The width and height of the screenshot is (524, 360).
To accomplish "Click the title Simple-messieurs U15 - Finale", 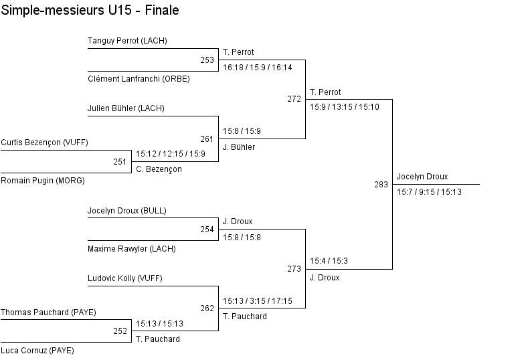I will click(x=90, y=11).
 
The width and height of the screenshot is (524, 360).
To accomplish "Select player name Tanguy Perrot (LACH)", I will click(x=127, y=41).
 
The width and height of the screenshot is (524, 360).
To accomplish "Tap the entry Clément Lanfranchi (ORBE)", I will click(x=139, y=79).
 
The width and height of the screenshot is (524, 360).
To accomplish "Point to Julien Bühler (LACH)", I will click(x=126, y=108).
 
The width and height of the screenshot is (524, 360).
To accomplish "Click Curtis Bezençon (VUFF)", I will click(x=44, y=143).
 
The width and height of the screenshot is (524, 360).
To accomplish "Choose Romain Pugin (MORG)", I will click(x=43, y=181).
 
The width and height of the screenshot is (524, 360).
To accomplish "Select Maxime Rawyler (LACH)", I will click(x=131, y=249).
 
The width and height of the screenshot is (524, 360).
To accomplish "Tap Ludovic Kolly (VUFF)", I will click(x=124, y=278).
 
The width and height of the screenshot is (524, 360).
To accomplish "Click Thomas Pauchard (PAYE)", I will click(x=48, y=312).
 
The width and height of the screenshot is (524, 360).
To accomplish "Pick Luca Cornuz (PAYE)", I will click(x=37, y=351).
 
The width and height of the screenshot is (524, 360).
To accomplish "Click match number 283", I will click(x=381, y=185).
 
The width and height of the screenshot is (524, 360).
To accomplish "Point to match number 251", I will click(x=120, y=162).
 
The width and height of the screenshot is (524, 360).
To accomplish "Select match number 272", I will click(x=294, y=99).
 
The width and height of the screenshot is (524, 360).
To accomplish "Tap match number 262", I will click(x=207, y=308).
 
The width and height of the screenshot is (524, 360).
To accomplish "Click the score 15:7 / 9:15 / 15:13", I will click(x=428, y=192).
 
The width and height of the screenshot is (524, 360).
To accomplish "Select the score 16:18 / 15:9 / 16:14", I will click(x=258, y=68).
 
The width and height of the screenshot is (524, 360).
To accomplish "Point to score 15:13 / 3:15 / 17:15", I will click(x=258, y=301).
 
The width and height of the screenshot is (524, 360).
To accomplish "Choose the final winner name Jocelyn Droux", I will click(x=422, y=177).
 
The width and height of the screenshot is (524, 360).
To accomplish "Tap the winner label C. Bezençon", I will click(x=159, y=169).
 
